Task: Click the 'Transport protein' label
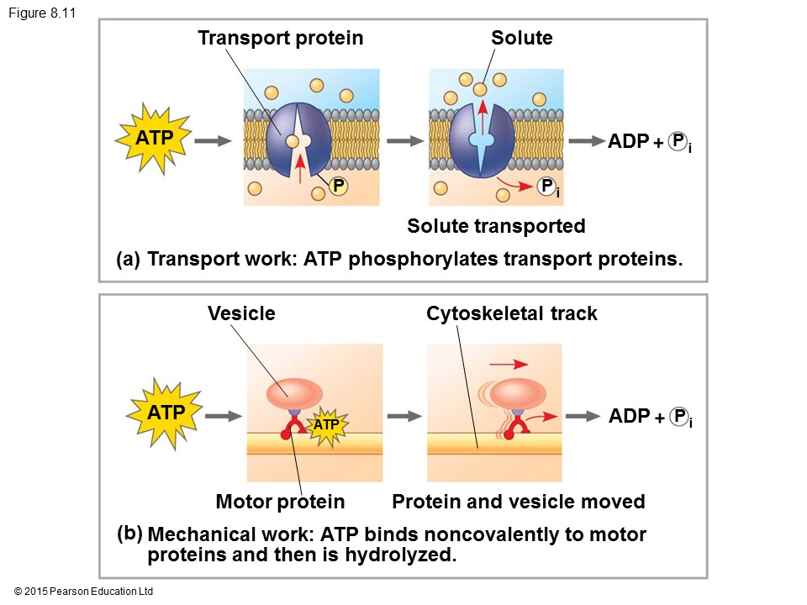280,38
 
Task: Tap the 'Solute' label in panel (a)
521,38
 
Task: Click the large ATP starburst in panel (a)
155,138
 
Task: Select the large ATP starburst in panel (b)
165,413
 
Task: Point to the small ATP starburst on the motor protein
325,425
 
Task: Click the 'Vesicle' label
241,313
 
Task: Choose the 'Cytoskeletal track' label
512,313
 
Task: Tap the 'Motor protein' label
280,502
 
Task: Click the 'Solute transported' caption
496,226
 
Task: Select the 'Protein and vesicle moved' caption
519,502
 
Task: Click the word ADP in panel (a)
629,141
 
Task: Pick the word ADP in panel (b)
629,416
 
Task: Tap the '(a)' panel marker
129,260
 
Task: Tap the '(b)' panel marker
130,532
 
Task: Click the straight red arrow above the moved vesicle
508,364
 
